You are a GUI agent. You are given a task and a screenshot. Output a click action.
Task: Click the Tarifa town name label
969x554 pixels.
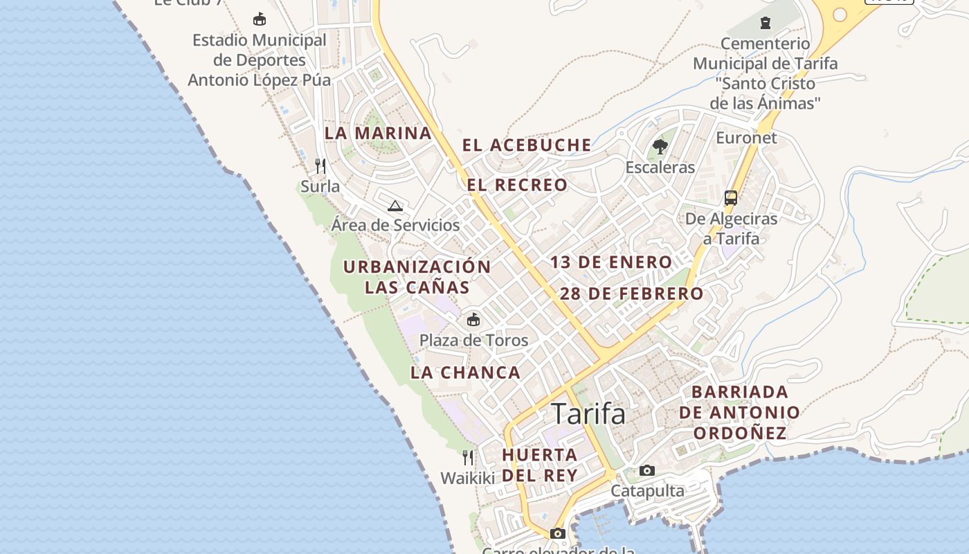(x=588, y=414)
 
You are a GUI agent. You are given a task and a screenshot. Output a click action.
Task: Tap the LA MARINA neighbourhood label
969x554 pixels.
(x=378, y=133)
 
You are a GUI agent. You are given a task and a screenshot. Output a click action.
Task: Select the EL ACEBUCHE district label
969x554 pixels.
(x=527, y=145)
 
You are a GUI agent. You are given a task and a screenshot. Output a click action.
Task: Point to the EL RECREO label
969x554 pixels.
(x=517, y=185)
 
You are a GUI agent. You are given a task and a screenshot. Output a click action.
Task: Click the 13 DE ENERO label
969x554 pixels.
(x=611, y=262)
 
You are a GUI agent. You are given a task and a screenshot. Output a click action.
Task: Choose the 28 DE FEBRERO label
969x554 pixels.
(x=631, y=293)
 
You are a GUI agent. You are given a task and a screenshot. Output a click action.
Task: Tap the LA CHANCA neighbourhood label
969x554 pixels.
(x=465, y=373)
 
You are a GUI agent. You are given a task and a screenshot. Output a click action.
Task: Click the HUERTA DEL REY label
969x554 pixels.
(x=540, y=465)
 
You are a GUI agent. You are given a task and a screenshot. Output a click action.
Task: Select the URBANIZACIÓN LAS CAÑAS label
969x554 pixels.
(x=417, y=276)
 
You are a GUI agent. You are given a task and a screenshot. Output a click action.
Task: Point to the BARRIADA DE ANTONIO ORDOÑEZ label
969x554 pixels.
(x=740, y=413)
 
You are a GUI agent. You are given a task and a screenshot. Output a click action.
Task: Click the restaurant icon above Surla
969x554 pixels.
(x=320, y=166)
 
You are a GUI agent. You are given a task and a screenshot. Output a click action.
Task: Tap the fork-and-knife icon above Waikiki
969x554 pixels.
(x=468, y=457)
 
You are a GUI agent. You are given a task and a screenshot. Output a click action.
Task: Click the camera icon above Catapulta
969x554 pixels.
(x=647, y=471)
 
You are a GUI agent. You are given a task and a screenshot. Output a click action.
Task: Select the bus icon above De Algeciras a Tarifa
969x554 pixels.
(x=731, y=198)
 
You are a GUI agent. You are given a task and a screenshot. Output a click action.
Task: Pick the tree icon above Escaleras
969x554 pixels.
(x=660, y=146)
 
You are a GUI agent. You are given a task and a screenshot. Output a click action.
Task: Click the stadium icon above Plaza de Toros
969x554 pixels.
(x=473, y=319)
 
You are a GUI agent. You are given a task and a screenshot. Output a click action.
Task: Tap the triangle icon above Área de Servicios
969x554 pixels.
(x=395, y=205)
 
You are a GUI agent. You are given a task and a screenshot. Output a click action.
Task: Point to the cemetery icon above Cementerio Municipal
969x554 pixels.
(x=765, y=23)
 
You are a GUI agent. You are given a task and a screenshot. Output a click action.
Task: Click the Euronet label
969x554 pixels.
(x=746, y=137)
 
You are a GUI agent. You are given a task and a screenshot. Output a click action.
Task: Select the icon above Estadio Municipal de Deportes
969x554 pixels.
(x=260, y=19)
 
